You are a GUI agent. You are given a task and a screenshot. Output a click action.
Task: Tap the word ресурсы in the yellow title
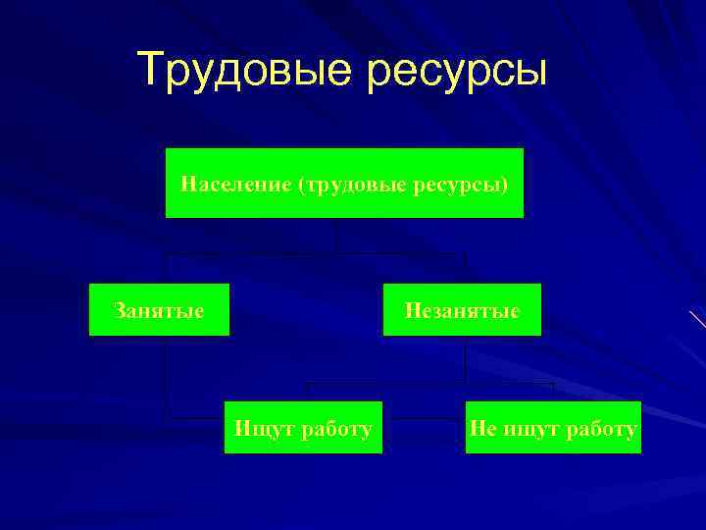459,72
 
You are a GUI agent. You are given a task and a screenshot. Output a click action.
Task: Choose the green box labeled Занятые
159,310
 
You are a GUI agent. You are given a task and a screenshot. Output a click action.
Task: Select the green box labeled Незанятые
461,310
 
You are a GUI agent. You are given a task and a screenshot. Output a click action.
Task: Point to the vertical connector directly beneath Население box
335,236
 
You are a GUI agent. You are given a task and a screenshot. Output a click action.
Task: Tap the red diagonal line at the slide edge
697,318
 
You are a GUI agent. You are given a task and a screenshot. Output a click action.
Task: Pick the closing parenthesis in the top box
505,184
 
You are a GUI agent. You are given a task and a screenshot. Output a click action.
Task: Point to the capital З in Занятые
119,311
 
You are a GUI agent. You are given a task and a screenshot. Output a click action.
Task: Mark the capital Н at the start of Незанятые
412,311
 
